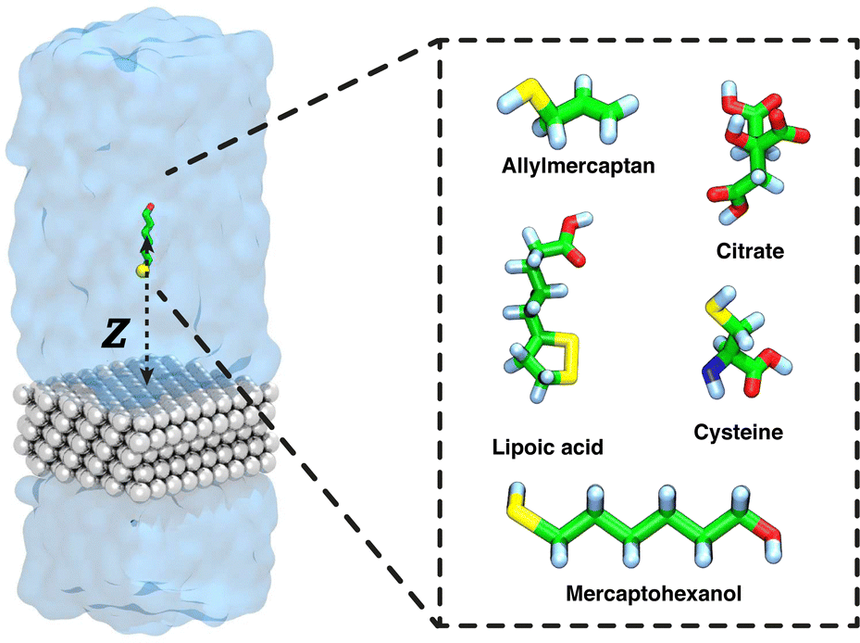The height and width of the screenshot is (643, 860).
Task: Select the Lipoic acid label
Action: [547, 448]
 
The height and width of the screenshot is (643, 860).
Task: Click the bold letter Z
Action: [113, 335]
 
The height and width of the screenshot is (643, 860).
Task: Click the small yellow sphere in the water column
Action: [141, 271]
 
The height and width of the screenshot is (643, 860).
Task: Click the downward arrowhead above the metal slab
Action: [146, 377]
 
